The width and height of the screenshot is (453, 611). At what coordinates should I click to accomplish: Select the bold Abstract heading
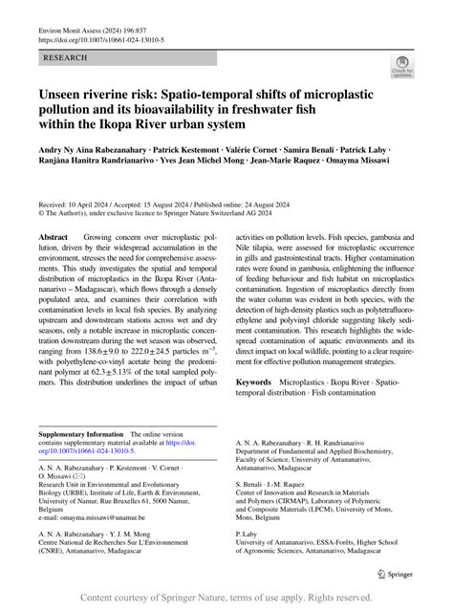(x=53, y=236)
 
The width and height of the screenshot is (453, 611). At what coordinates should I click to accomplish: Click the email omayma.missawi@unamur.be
(x=106, y=515)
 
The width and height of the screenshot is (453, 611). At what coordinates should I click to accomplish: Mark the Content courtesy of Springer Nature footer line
(x=226, y=598)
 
